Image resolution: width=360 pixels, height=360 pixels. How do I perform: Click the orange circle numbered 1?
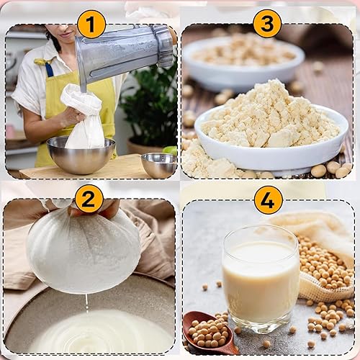click(91, 24)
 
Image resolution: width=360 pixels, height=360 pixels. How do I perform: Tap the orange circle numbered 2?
click(89, 199)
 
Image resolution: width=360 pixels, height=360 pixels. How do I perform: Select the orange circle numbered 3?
click(267, 23)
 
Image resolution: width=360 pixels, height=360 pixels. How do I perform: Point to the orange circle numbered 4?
click(269, 200)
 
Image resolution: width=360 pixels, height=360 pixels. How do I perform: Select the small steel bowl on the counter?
click(159, 165)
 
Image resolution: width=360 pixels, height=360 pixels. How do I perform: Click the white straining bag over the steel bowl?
click(84, 117)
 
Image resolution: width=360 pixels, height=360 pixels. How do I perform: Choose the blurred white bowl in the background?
click(243, 60)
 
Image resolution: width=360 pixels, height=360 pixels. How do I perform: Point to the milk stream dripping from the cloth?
click(86, 304)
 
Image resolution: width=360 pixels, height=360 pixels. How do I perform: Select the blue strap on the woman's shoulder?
click(49, 69)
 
